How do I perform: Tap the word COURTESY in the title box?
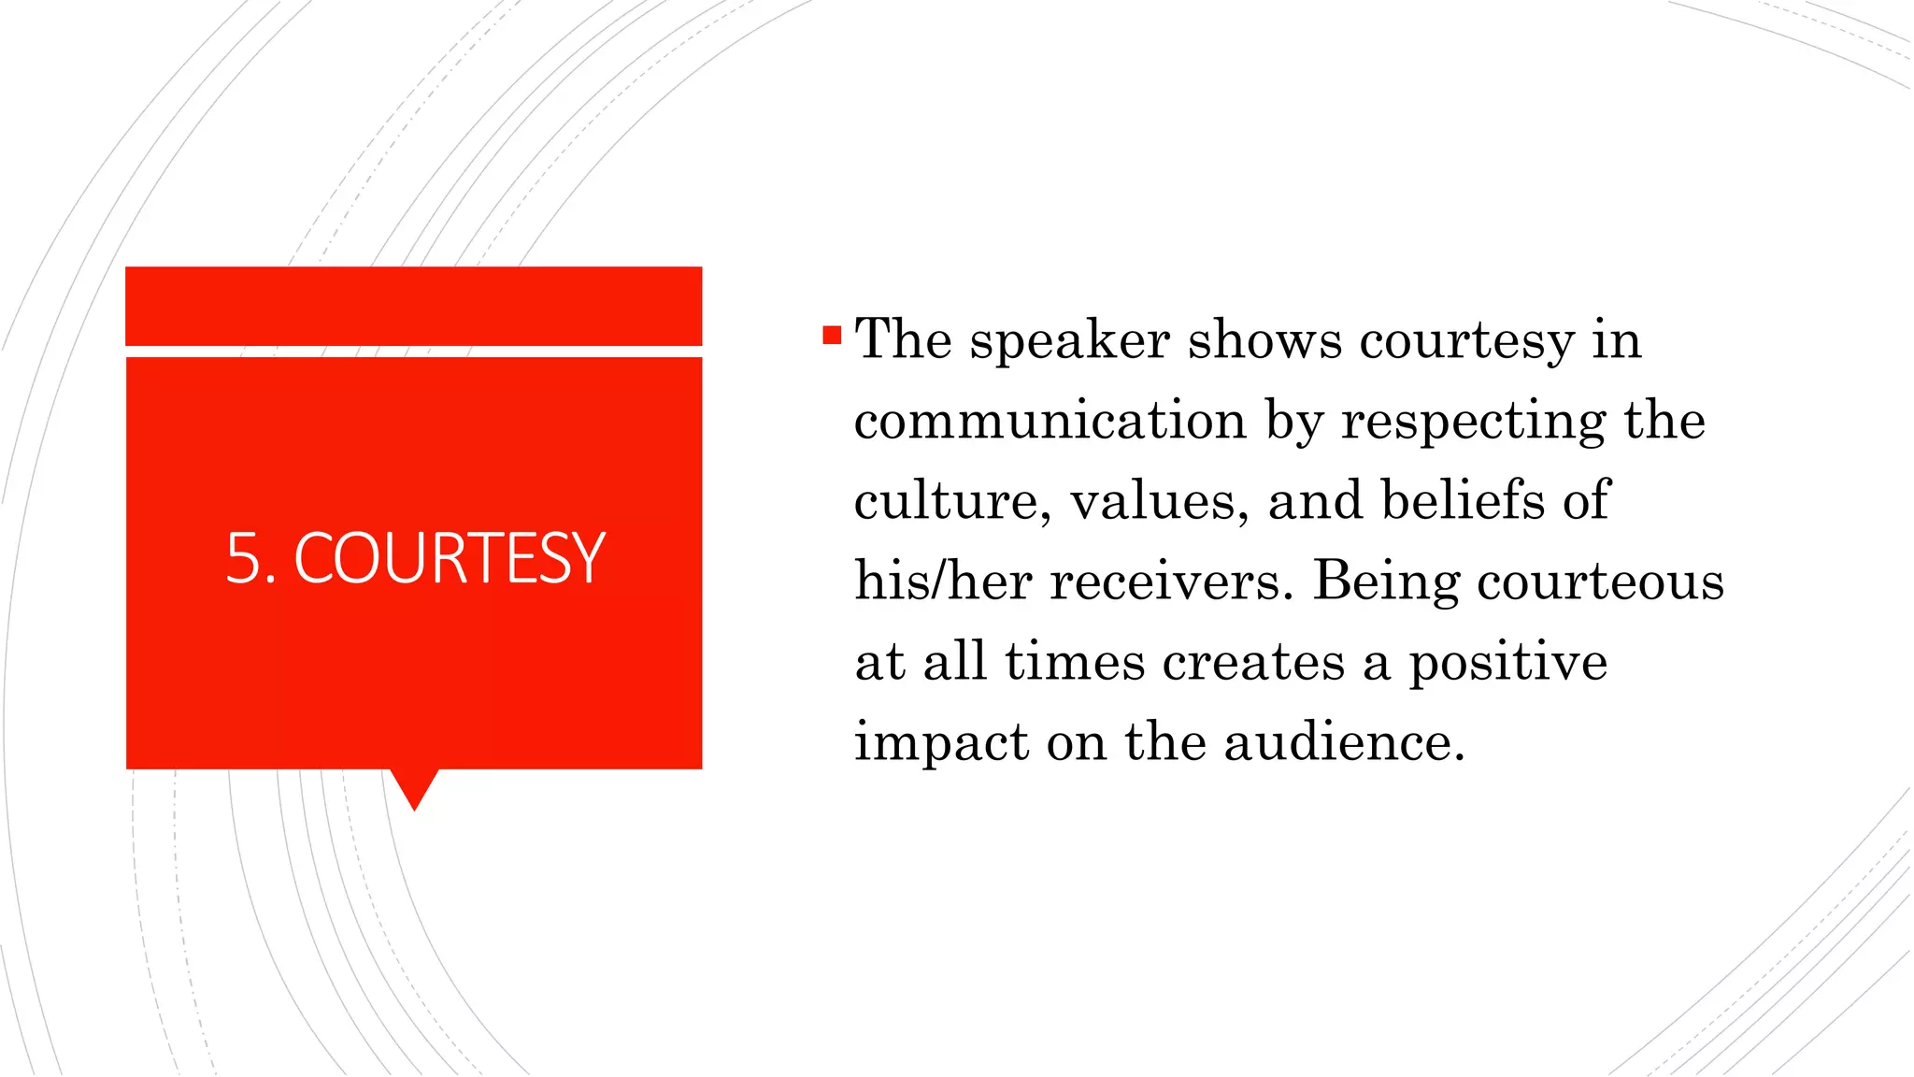(x=450, y=558)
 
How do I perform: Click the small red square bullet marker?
(x=832, y=335)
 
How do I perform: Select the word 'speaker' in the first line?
(x=1069, y=340)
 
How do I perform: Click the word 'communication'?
(x=1050, y=420)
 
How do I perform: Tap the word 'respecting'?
(x=1473, y=422)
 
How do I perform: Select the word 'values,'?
(x=1159, y=501)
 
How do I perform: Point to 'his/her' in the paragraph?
(x=943, y=581)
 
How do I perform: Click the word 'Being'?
(x=1386, y=582)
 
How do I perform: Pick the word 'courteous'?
(x=1600, y=582)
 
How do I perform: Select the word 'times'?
(x=1075, y=661)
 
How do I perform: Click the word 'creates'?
(x=1253, y=662)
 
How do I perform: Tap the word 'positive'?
(x=1507, y=663)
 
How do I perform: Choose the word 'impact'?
(x=941, y=743)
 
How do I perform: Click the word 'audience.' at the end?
(x=1344, y=742)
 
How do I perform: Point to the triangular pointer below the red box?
(x=414, y=788)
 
